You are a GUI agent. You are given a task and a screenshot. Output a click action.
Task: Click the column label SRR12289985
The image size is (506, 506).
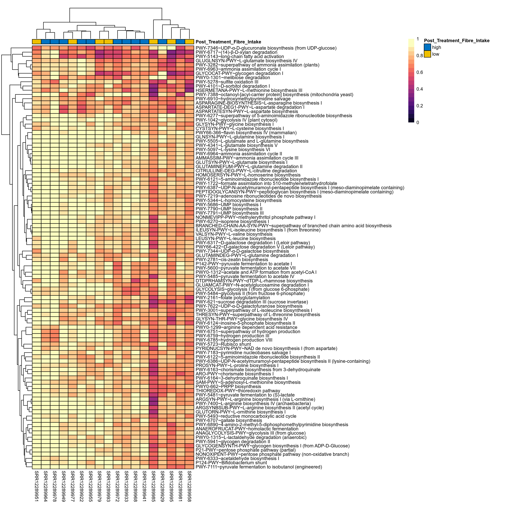click(x=153, y=486)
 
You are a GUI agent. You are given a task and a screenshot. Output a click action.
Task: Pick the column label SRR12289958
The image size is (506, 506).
click(x=189, y=486)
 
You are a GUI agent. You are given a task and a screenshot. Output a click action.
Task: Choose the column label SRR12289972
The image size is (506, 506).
click(x=118, y=486)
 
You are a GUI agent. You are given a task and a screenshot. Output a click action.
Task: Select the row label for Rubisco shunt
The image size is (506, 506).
click(x=223, y=344)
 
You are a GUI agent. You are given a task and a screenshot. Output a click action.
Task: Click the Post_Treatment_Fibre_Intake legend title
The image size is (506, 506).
click(x=457, y=41)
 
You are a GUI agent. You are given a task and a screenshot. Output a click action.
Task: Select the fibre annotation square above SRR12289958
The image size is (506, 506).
click(x=189, y=42)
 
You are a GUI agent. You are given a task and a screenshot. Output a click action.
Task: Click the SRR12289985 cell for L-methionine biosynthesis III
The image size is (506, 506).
click(x=153, y=90)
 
